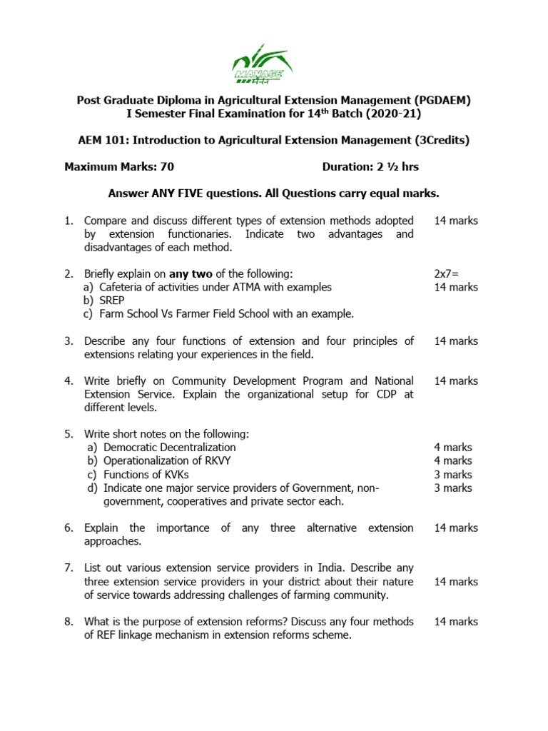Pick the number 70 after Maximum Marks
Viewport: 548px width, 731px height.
[167, 167]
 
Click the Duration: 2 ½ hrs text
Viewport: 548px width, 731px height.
[370, 167]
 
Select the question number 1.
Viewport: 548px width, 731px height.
[68, 221]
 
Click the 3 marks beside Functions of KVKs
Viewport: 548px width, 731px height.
[453, 475]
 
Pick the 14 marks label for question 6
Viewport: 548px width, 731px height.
[456, 528]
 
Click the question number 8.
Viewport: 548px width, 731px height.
[68, 622]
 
